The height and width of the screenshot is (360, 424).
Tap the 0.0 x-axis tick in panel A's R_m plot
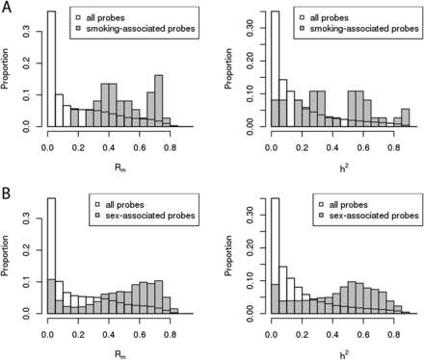coord(47,141)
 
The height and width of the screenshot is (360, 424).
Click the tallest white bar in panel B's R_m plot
coord(51,256)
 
